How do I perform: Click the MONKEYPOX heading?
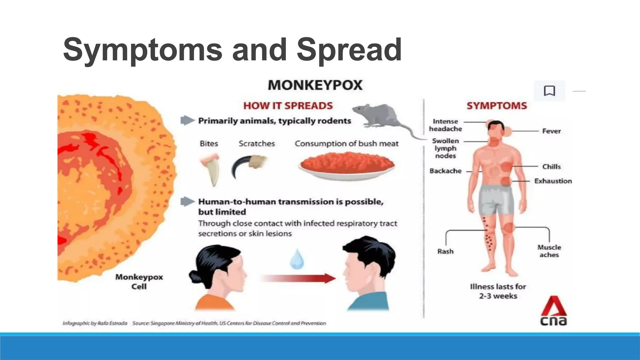(315, 85)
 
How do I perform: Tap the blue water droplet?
(297, 259)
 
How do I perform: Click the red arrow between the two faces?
(298, 278)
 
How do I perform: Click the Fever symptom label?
(551, 131)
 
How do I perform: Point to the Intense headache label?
(445, 125)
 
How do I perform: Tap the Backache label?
(445, 171)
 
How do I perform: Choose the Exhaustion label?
(553, 181)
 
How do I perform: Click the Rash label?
(445, 252)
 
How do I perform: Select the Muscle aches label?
(549, 251)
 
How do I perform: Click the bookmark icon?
(549, 91)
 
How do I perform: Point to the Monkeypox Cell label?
(139, 282)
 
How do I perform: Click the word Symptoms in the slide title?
(142, 50)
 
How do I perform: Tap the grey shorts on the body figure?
(496, 199)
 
